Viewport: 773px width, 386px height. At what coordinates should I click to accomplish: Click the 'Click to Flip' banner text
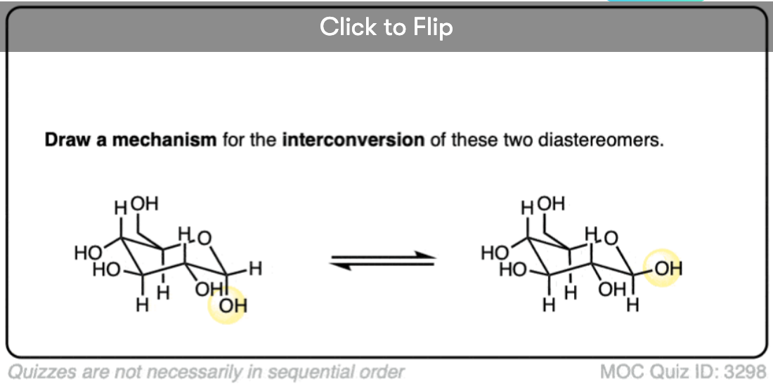pyautogui.click(x=386, y=27)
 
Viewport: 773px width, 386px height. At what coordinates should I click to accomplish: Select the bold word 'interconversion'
pyautogui.click(x=353, y=140)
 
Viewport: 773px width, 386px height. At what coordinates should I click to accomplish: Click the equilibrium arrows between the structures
pyautogui.click(x=383, y=260)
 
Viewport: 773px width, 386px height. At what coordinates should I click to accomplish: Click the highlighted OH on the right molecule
pyautogui.click(x=665, y=269)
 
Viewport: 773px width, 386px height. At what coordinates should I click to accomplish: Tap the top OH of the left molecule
pyautogui.click(x=145, y=205)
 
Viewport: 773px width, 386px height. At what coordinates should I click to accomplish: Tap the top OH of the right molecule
pyautogui.click(x=551, y=205)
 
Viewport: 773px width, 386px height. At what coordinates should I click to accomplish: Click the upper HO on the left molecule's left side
pyautogui.click(x=86, y=253)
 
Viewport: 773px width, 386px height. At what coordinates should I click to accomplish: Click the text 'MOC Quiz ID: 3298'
pyautogui.click(x=682, y=371)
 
